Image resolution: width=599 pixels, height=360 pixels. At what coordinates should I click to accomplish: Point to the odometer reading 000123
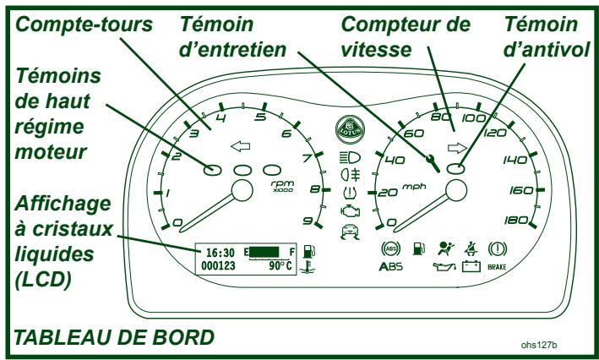[x=219, y=264]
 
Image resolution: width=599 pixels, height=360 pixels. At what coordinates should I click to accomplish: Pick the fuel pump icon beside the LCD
[x=310, y=251]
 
